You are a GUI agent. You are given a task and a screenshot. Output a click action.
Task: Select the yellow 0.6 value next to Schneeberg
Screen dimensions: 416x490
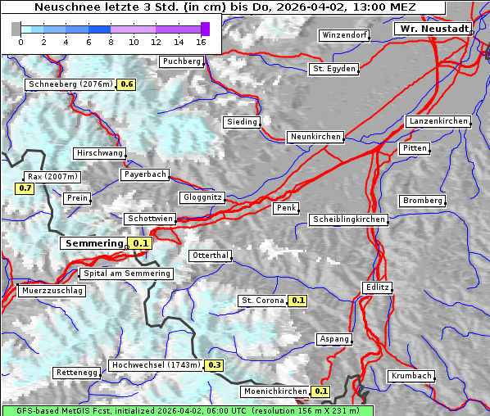tap(127, 84)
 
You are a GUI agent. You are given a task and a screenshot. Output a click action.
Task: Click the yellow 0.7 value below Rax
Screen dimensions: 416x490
tap(25, 188)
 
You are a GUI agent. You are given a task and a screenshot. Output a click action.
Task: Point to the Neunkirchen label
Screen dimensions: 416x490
tap(315, 137)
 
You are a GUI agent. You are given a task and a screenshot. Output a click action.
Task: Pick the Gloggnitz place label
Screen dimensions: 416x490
tap(202, 197)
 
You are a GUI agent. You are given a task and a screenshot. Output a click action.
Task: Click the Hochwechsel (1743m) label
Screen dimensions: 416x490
tap(156, 365)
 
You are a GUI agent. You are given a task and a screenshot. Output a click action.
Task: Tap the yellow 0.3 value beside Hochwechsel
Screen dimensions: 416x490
tap(215, 365)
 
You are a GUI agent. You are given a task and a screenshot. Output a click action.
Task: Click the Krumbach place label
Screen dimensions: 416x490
tap(411, 376)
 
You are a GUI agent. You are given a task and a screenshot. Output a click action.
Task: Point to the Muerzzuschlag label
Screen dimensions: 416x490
tap(51, 291)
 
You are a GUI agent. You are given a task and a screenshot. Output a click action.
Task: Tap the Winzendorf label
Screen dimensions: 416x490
tap(344, 36)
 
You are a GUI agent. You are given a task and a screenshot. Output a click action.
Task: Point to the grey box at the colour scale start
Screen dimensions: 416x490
tap(16, 29)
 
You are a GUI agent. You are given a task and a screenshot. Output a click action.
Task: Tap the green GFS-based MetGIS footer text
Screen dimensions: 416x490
tap(187, 410)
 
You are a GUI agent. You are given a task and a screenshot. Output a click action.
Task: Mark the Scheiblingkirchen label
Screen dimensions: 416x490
tap(348, 219)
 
